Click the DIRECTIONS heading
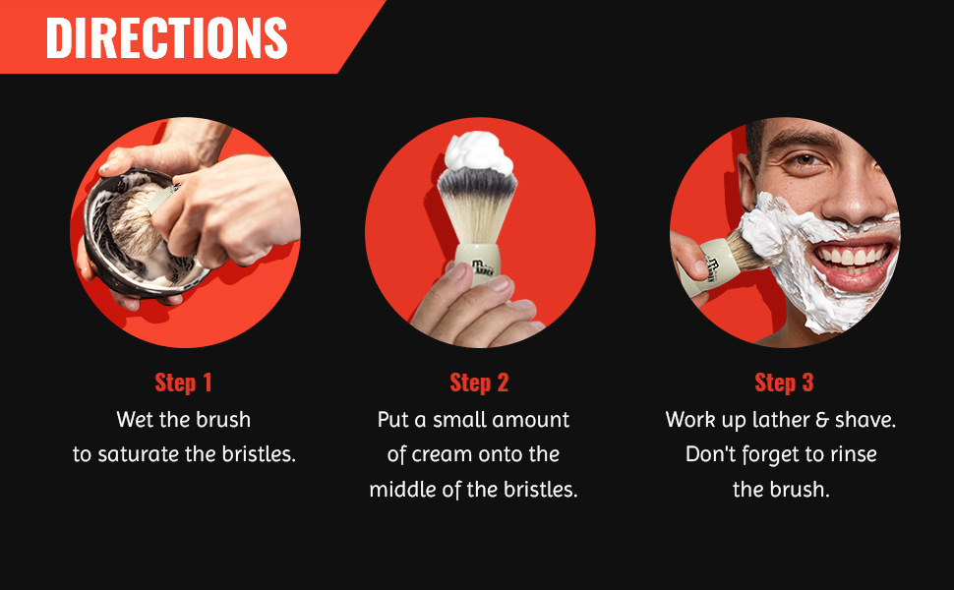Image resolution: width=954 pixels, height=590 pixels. coord(166,37)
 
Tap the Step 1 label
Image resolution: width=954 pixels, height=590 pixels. coord(183,383)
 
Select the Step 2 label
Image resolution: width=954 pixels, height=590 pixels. coord(479,383)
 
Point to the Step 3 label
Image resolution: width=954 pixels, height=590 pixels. coord(784,383)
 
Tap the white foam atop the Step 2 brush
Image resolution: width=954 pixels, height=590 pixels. coord(479,152)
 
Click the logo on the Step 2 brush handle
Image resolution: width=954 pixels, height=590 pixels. coord(481,266)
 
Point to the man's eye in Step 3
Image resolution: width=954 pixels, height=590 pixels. coord(806,159)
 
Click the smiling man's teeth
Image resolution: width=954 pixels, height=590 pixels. coord(853,256)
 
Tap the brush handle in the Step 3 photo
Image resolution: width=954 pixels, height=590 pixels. coord(707,267)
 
